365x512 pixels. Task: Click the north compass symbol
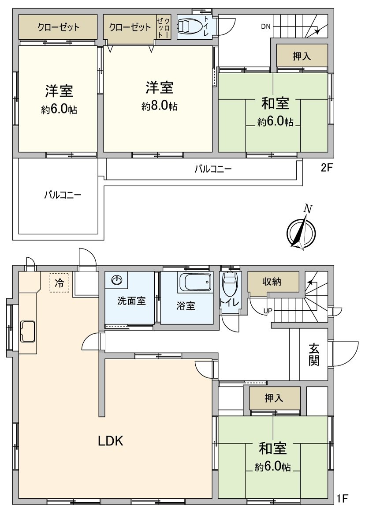302,232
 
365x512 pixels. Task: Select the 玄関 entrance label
314,354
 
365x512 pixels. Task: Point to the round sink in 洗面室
117,280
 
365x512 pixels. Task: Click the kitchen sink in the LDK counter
28,331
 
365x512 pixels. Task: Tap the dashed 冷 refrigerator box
59,282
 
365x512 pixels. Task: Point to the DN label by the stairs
265,26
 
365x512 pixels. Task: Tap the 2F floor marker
327,168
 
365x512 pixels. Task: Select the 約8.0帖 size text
160,106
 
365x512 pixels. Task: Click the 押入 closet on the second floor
302,56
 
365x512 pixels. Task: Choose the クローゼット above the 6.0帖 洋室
58,27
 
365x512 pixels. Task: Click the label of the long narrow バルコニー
213,169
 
